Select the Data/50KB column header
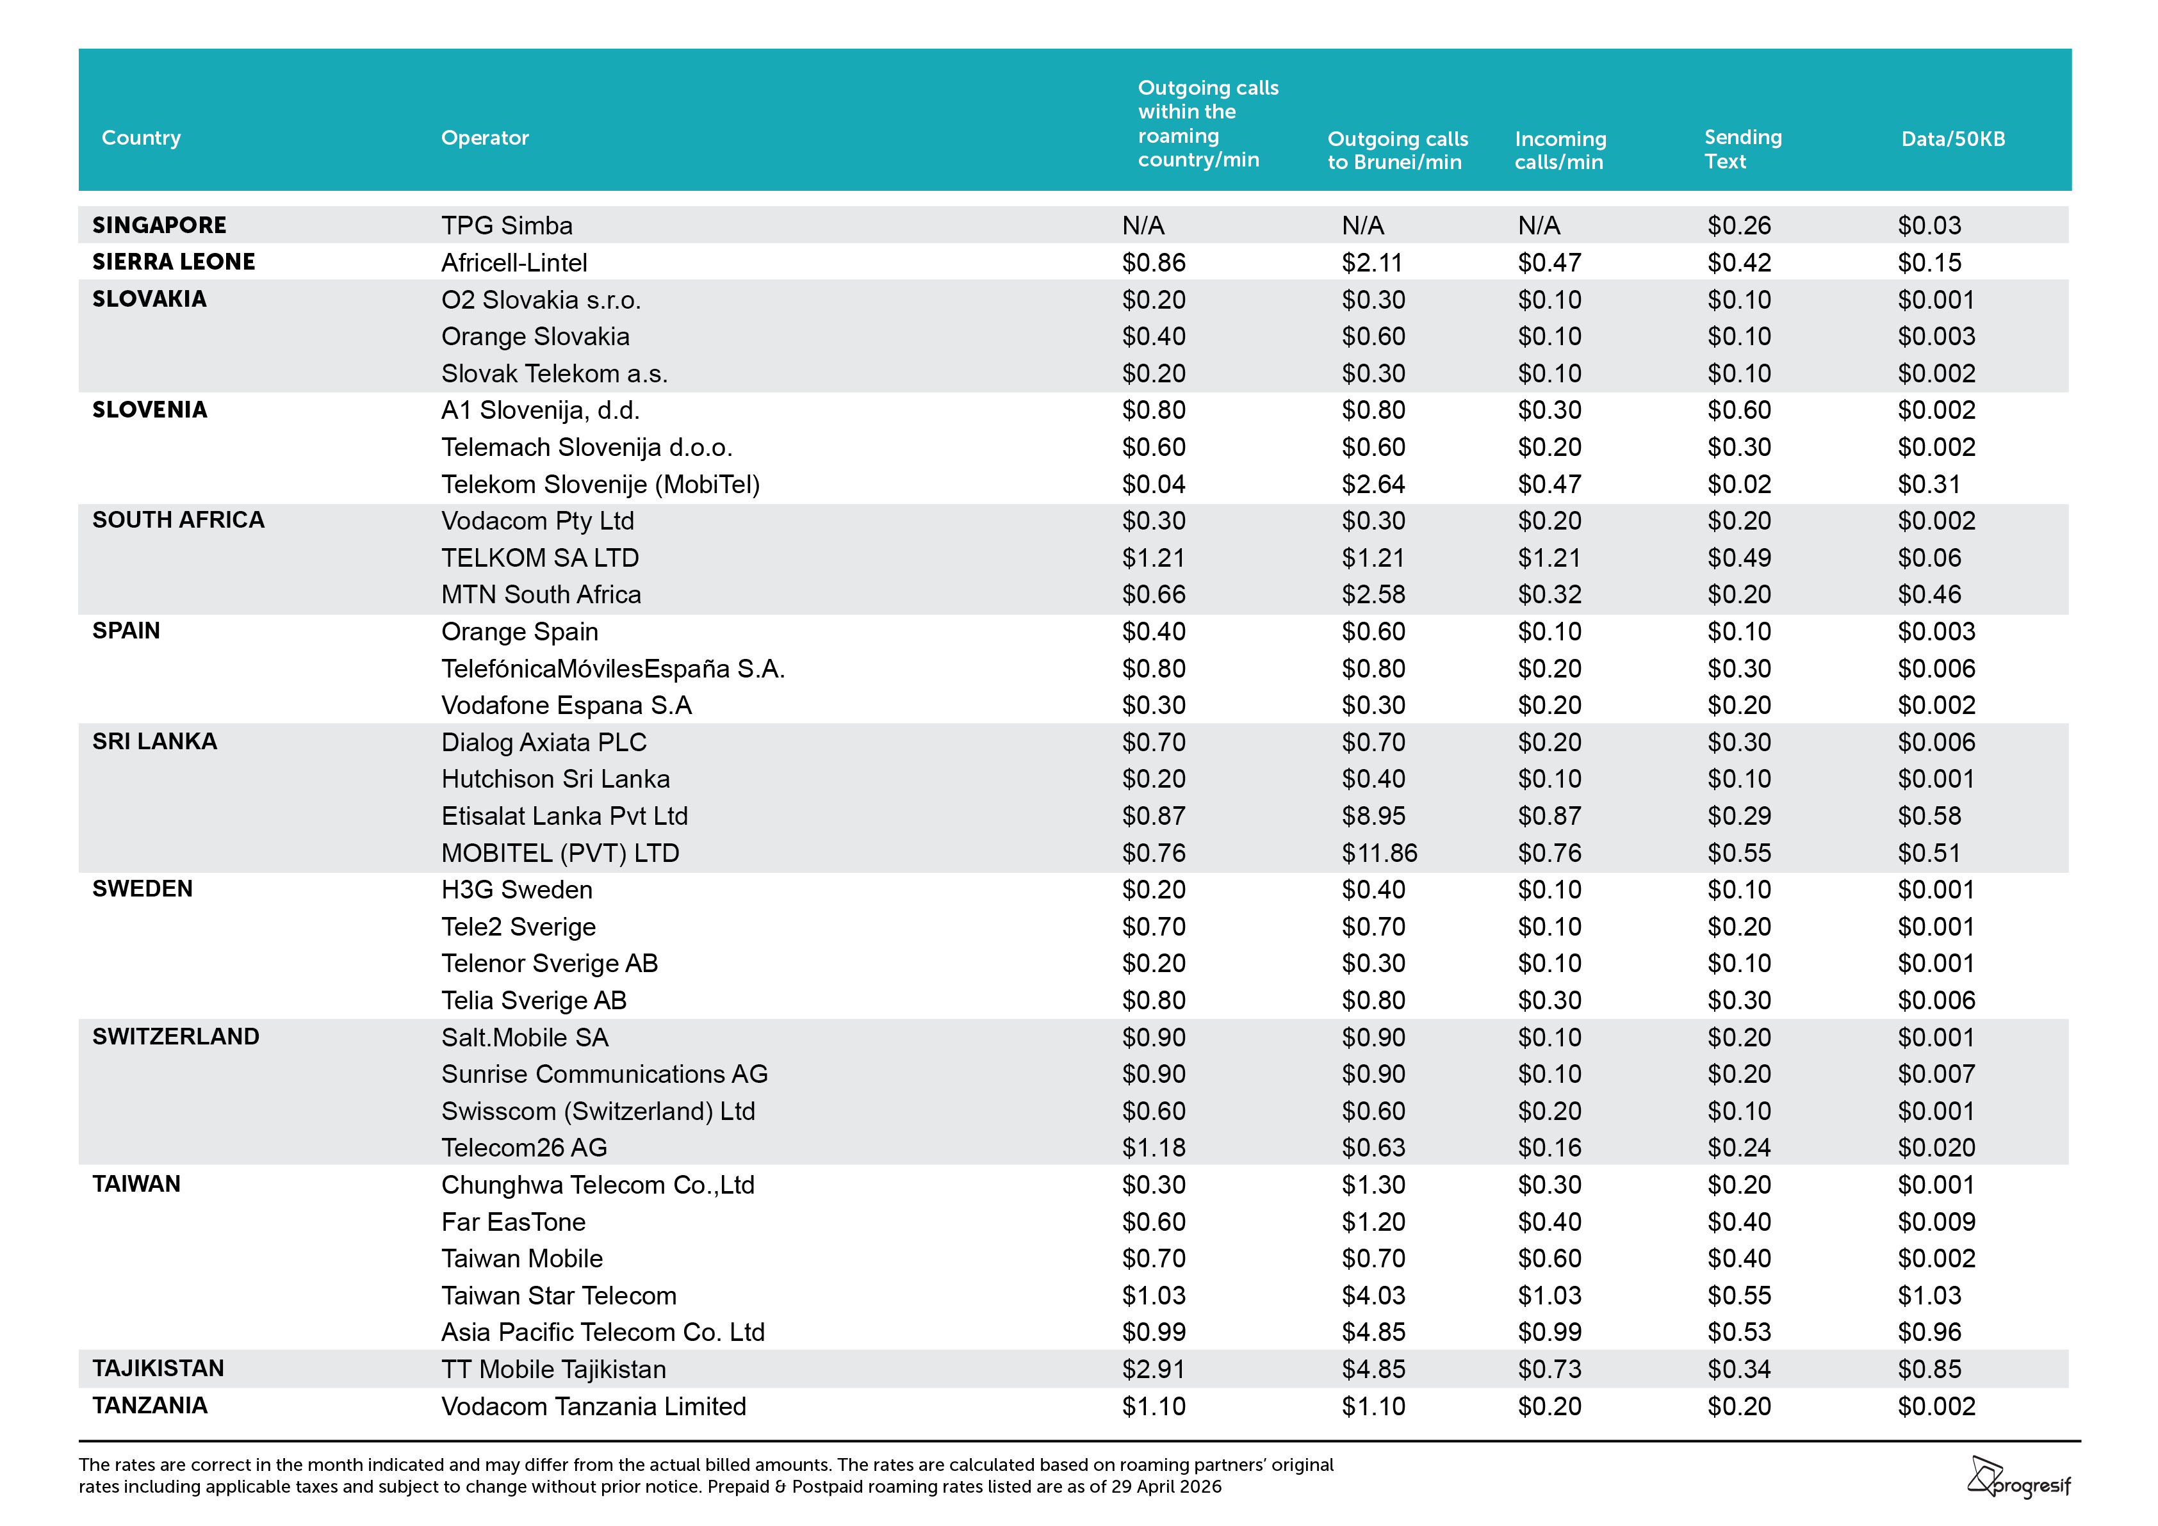(x=1952, y=139)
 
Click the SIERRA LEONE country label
(x=173, y=261)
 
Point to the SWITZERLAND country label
(x=176, y=1037)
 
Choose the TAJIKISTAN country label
(x=158, y=1368)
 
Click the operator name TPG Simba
(x=507, y=225)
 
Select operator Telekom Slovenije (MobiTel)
(x=601, y=484)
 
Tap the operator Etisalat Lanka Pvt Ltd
(x=565, y=816)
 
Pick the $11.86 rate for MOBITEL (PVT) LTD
(x=1379, y=853)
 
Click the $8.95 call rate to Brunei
(x=1373, y=816)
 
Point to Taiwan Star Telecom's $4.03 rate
(x=1373, y=1295)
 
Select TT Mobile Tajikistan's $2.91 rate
(x=1153, y=1369)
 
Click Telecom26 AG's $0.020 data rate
(x=1936, y=1148)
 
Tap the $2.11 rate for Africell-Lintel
(x=1371, y=262)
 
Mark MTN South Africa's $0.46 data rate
(x=1929, y=595)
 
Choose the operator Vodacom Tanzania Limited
(x=594, y=1407)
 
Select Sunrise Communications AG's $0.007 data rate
(x=1936, y=1074)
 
